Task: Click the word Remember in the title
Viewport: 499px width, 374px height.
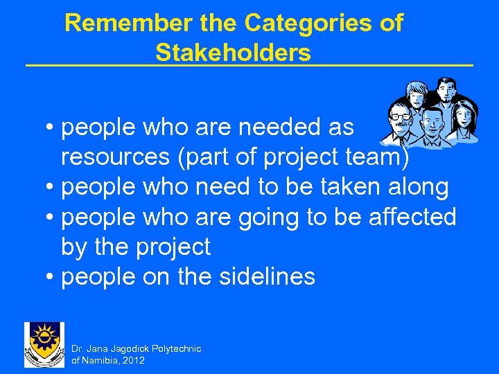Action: click(x=108, y=23)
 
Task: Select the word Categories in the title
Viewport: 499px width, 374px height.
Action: click(x=317, y=23)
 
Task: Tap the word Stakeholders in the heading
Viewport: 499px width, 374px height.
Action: click(x=233, y=52)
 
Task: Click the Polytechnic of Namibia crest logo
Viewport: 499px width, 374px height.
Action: click(x=44, y=344)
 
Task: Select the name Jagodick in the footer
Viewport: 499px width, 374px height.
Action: click(x=130, y=348)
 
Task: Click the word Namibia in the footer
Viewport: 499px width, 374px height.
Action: click(x=100, y=360)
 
